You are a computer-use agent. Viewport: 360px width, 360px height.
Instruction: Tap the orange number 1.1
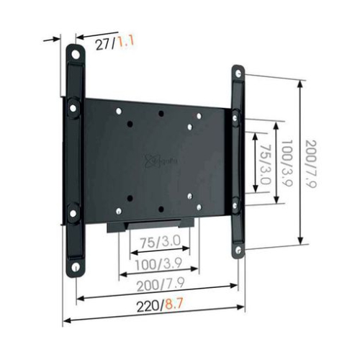(126, 43)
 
